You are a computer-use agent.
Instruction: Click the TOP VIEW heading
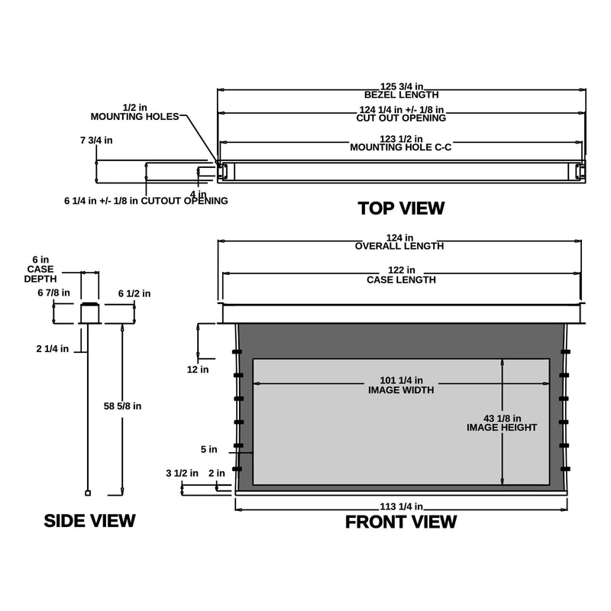point(401,208)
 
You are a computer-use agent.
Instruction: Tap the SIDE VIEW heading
point(89,521)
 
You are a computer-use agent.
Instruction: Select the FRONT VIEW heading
point(401,522)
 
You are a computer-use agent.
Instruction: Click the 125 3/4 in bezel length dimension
point(402,86)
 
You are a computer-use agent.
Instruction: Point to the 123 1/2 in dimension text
point(401,139)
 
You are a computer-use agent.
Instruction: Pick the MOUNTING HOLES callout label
point(135,117)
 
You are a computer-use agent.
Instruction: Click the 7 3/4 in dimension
point(96,141)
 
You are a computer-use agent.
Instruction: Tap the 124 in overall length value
point(399,238)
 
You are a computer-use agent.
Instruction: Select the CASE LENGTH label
point(401,280)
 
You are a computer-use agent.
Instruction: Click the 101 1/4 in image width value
point(401,380)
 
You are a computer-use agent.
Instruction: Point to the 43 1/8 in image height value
point(502,419)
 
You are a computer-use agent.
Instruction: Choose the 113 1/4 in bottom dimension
point(402,506)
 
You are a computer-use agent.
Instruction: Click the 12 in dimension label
point(198,370)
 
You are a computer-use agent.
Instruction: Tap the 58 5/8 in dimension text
point(122,406)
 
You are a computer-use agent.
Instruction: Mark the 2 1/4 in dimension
point(52,349)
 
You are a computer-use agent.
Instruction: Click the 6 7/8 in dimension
point(53,293)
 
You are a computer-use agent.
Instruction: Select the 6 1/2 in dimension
point(134,293)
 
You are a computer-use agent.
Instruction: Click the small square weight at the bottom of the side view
point(88,493)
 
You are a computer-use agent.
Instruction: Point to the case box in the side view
point(89,313)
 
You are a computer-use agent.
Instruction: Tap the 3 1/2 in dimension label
point(182,473)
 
